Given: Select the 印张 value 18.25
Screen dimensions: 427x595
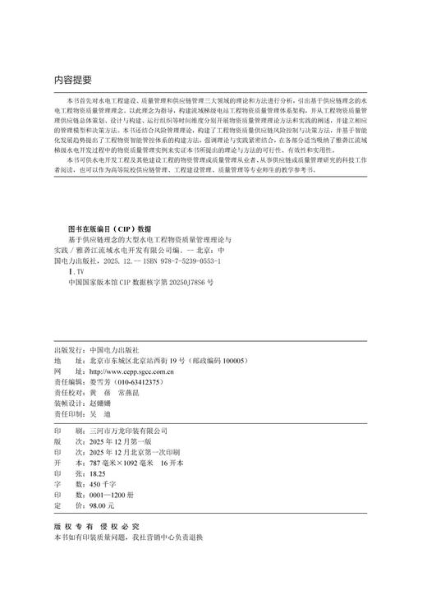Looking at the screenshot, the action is [x=98, y=474].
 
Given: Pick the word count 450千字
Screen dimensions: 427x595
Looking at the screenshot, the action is [x=101, y=485].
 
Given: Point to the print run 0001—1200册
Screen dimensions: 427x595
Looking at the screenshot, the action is [x=111, y=496].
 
